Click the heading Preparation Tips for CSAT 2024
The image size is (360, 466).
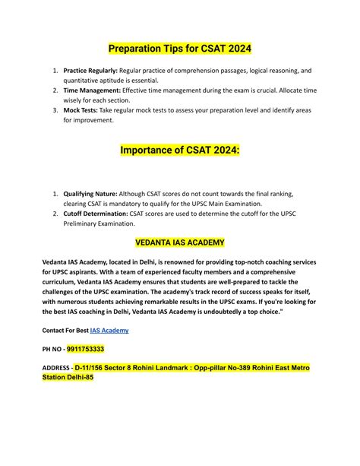point(180,49)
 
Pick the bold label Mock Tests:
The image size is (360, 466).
point(80,109)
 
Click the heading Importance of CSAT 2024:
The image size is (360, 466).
point(180,150)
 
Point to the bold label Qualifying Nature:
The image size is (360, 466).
point(90,194)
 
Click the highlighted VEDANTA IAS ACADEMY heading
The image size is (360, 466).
point(180,243)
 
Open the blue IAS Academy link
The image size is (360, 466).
point(109,331)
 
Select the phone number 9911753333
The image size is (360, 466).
point(86,349)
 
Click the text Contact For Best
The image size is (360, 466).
point(65,331)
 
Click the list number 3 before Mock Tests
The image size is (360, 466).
point(55,109)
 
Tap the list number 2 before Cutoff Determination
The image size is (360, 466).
point(55,214)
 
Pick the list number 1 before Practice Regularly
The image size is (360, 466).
point(55,71)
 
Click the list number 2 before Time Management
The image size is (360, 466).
point(55,90)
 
